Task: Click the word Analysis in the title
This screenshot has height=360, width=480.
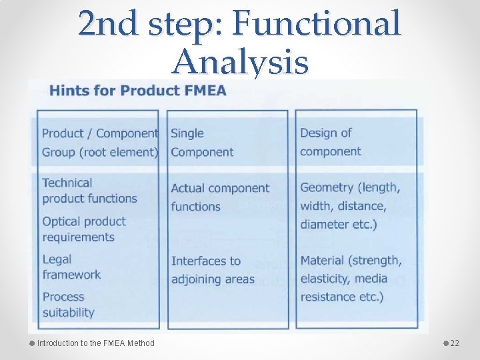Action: tap(240, 63)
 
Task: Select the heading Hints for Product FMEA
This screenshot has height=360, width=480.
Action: tap(137, 91)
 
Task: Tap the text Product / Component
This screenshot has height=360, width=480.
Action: tap(99, 133)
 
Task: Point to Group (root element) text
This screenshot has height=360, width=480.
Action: tap(99, 152)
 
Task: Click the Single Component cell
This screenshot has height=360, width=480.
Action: tap(202, 143)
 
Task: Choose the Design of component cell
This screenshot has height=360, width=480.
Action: tap(330, 143)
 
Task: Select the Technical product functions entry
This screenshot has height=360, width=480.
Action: tap(89, 191)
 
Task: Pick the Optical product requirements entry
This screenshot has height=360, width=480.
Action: tap(83, 229)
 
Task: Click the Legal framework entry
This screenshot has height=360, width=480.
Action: tap(71, 267)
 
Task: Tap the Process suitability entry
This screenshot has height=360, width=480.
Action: tap(68, 304)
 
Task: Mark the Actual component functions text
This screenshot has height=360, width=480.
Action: tap(219, 197)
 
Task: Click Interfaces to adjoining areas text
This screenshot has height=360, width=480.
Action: tap(213, 270)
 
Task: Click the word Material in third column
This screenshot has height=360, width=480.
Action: tap(323, 261)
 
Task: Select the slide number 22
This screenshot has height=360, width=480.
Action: tap(455, 343)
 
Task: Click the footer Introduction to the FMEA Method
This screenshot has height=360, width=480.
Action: tap(95, 343)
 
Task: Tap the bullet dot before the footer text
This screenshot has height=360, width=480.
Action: tap(31, 343)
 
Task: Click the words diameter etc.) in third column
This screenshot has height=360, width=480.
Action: tap(338, 225)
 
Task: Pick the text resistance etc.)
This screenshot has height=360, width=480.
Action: tap(341, 297)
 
